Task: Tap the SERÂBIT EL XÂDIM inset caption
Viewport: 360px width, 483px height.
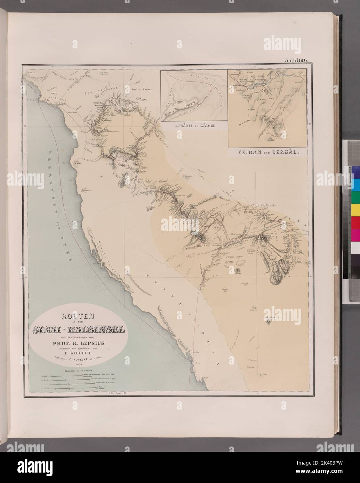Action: click(x=193, y=127)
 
